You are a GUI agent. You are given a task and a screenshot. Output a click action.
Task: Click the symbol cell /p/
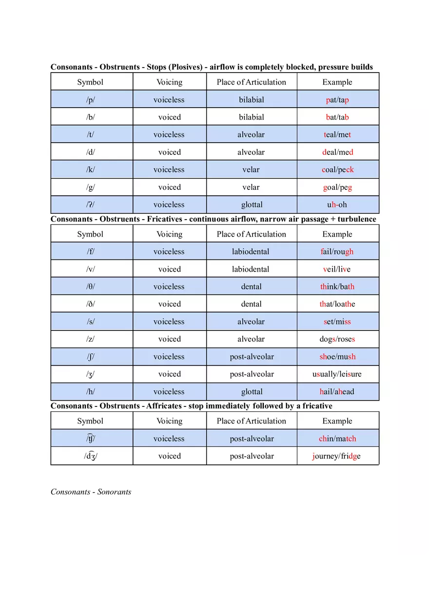tap(91, 100)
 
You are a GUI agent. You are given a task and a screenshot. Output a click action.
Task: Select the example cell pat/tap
tap(337, 100)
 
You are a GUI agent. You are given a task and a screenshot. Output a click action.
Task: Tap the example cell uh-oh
tap(337, 205)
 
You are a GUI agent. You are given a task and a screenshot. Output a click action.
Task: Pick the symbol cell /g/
tap(91, 187)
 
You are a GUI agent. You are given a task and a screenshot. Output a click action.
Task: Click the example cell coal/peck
tap(337, 170)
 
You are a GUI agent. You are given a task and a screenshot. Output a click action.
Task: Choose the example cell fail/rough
tap(337, 252)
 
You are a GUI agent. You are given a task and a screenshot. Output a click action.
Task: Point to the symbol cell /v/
tap(91, 269)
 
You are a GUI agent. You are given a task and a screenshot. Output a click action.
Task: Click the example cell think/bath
tap(337, 287)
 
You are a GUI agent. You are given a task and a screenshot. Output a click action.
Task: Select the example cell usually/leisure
tap(337, 374)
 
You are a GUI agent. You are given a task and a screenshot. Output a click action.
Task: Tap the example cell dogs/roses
tap(337, 339)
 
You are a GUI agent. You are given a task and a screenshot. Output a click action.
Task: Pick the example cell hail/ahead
tap(337, 392)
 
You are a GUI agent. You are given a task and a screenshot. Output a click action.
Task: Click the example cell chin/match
tap(337, 439)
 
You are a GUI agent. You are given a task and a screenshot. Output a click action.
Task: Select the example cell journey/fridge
tap(337, 456)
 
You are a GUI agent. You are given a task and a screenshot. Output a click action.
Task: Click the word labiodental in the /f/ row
tap(251, 252)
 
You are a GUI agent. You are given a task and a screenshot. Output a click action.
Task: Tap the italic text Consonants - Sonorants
tap(91, 492)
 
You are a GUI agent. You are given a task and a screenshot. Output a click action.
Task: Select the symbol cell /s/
tap(91, 322)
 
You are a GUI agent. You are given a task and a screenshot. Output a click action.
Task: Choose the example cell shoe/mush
tap(337, 357)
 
